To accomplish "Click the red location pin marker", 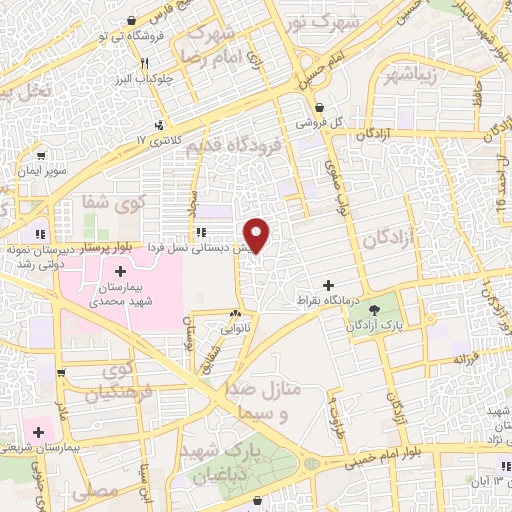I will (257, 235).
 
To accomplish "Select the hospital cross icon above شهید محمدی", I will (121, 272).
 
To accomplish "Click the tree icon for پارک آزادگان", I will (375, 311).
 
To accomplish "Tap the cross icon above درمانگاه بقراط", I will (328, 285).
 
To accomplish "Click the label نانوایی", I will (235, 327).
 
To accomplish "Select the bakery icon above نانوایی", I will (236, 313).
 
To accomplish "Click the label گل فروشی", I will (319, 122).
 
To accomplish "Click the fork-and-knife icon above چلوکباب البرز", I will (146, 63).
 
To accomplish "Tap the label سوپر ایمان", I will (41, 171).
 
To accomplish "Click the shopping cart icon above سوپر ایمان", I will (41, 156).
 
